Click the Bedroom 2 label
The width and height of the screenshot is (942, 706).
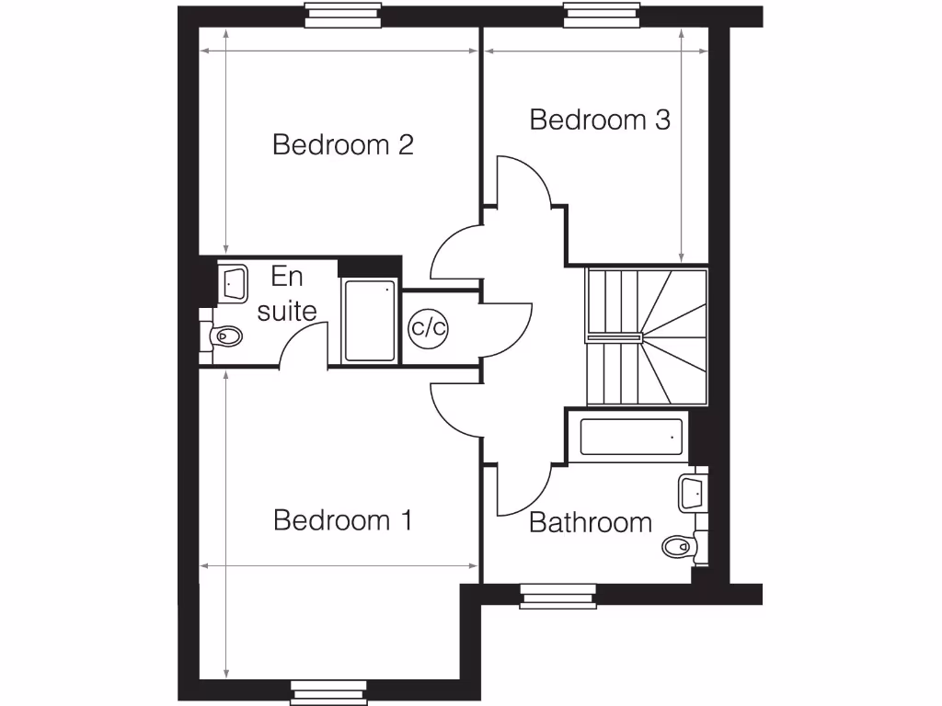coord(342,145)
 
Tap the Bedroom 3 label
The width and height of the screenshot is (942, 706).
coord(599,120)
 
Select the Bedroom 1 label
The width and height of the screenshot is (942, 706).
coord(342,520)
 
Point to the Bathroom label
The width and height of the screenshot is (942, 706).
coord(591,523)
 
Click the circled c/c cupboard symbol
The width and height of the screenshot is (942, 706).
coord(427,327)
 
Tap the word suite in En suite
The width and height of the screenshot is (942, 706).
coord(287,311)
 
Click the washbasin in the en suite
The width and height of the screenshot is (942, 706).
coord(233,282)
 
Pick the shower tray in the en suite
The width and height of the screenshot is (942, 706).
coord(370,320)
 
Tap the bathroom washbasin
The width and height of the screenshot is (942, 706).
coord(692,492)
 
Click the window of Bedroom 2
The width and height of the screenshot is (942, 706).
coord(342,16)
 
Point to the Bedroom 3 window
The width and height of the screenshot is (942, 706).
coord(603,16)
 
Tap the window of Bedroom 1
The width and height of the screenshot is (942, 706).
coord(328,690)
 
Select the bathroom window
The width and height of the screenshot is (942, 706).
coord(558,597)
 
